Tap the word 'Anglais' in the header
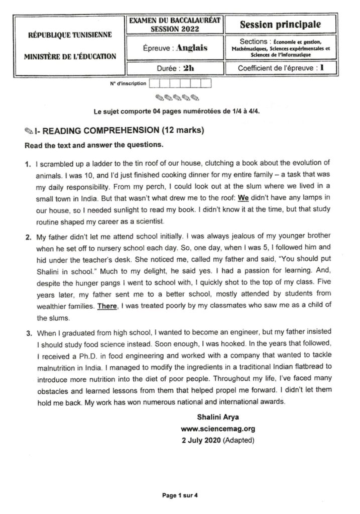point(189,48)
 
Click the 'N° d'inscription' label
point(128,83)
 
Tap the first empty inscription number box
point(154,83)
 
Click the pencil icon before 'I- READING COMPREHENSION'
point(29,131)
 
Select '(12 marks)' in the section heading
point(182,131)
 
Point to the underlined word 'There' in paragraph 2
point(107,307)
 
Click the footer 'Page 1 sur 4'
point(180,495)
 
